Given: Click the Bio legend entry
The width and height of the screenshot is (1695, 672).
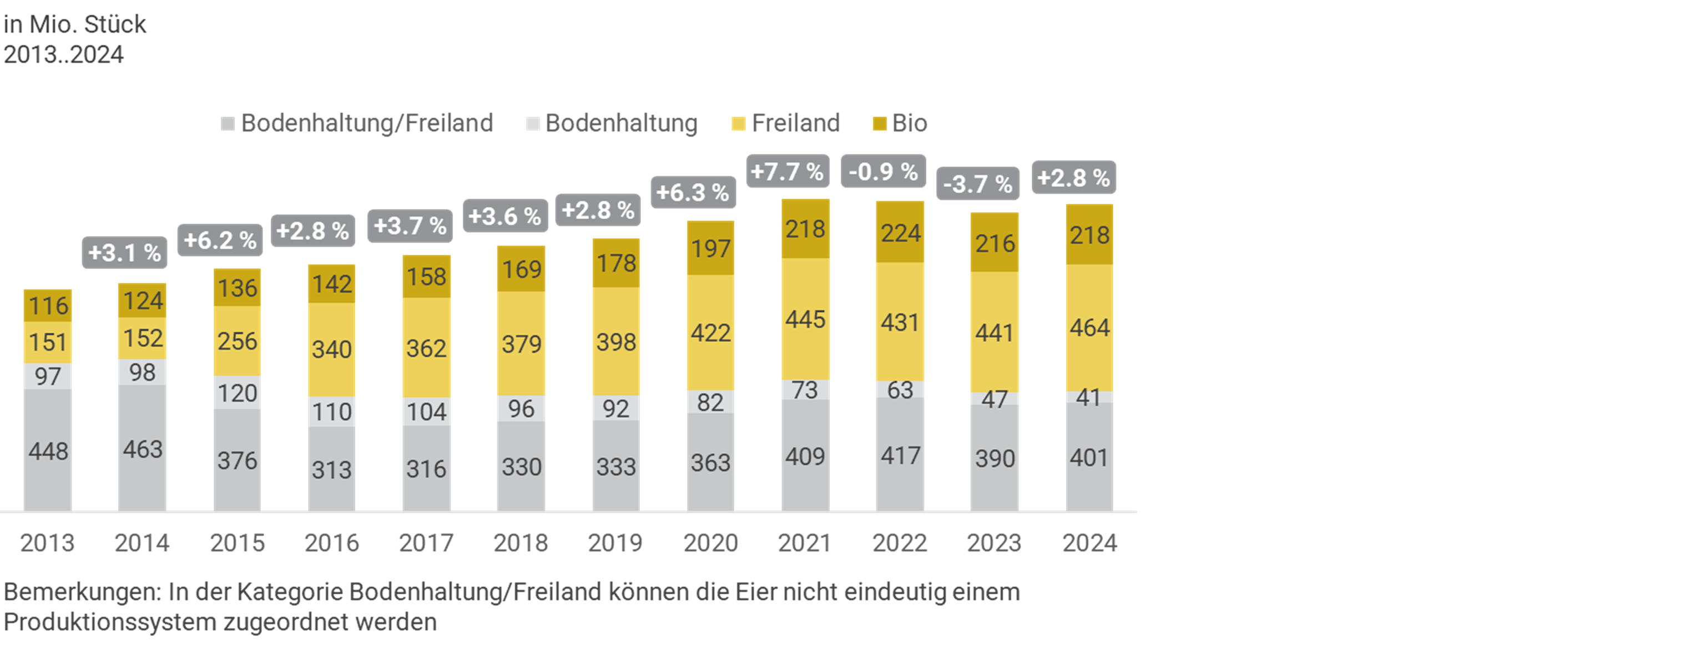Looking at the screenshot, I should (x=900, y=123).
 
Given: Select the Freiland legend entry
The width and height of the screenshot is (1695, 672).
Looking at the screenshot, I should (x=786, y=123).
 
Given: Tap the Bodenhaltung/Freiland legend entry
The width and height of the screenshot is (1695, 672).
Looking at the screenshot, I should (x=357, y=123).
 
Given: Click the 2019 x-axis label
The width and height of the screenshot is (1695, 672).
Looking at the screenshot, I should (x=615, y=543).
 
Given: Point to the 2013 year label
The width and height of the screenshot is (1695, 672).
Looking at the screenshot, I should (x=47, y=543).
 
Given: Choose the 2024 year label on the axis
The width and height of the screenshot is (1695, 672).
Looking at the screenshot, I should (x=1089, y=543).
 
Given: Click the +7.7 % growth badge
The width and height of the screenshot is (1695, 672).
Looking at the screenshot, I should (x=788, y=172).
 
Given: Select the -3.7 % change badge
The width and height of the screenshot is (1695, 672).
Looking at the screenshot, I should (x=978, y=184).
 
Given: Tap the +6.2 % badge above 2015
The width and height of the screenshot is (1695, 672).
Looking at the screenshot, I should (x=220, y=240).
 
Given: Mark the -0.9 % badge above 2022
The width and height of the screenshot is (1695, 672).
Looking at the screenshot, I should (x=883, y=172).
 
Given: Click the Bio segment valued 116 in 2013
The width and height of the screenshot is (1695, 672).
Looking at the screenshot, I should (x=47, y=305).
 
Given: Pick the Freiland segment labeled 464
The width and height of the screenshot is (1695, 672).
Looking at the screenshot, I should (x=1089, y=328).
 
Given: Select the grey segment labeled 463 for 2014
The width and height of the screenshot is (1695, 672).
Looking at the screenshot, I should (x=142, y=449).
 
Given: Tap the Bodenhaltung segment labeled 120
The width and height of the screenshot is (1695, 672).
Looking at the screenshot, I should (x=237, y=393).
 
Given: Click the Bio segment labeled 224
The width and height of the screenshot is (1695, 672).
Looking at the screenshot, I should (x=900, y=233).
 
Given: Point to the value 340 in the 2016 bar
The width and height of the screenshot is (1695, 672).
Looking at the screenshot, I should (x=332, y=349).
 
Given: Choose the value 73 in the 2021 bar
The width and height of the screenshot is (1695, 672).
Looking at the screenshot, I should (x=805, y=390).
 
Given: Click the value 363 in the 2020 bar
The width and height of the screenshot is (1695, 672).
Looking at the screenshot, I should (x=710, y=463).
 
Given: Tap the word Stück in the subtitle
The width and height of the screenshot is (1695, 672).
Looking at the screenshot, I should (x=115, y=24).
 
